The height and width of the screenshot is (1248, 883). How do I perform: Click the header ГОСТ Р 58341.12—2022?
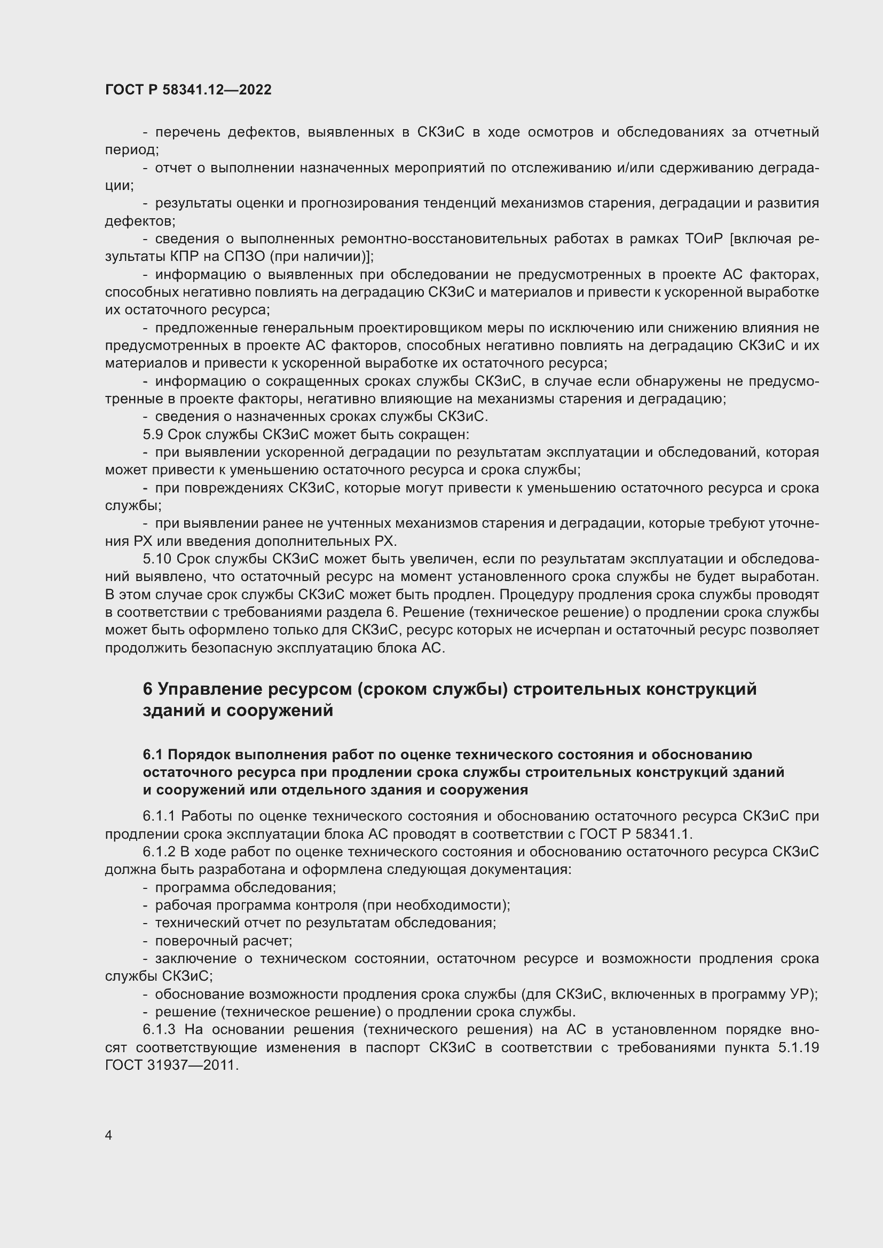tap(188, 90)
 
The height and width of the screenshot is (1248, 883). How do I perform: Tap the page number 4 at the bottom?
tap(109, 1135)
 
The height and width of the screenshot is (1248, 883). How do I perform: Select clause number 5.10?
tap(157, 559)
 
